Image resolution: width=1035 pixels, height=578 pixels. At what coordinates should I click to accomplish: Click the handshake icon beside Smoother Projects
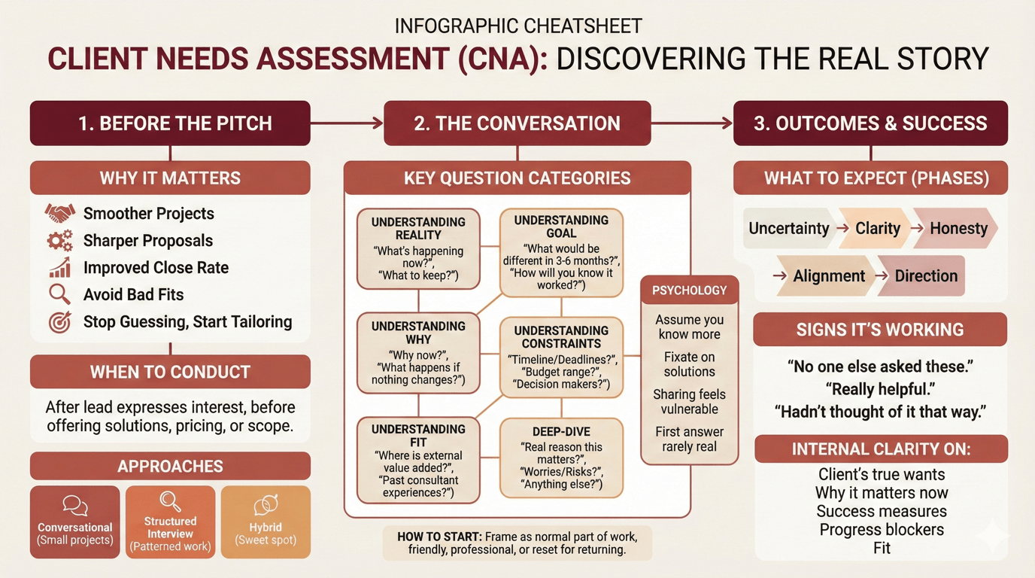59,214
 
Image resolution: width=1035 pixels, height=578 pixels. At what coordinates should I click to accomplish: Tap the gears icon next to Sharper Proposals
59,241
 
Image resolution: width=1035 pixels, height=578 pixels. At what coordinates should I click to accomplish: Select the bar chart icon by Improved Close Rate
59,268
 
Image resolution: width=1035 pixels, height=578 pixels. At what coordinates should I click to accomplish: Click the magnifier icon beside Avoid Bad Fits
59,294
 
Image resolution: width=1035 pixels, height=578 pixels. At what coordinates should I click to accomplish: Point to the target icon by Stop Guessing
59,322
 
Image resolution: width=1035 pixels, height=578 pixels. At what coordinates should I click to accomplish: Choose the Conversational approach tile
75,522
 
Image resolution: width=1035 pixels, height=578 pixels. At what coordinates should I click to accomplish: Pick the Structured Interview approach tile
170,522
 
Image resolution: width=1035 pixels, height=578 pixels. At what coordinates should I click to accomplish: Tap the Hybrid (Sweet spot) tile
266,522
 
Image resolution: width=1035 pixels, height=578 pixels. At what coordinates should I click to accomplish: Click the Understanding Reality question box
418,249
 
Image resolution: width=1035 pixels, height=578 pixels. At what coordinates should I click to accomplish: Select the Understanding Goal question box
561,251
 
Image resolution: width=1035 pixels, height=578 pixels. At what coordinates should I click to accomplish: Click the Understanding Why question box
418,352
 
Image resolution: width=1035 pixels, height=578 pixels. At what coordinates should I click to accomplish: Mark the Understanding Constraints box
561,357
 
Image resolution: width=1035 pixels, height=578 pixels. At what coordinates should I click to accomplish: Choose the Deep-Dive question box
561,458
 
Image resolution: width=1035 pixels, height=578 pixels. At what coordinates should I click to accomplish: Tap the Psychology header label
689,291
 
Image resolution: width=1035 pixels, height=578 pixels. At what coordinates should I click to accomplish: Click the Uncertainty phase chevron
788,229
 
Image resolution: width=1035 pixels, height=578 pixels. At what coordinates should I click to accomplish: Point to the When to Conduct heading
170,372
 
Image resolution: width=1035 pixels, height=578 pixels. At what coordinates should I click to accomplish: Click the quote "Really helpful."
879,390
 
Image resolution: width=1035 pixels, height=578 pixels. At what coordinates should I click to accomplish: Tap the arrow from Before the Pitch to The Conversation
347,123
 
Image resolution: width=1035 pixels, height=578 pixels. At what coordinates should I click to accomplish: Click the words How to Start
439,537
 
